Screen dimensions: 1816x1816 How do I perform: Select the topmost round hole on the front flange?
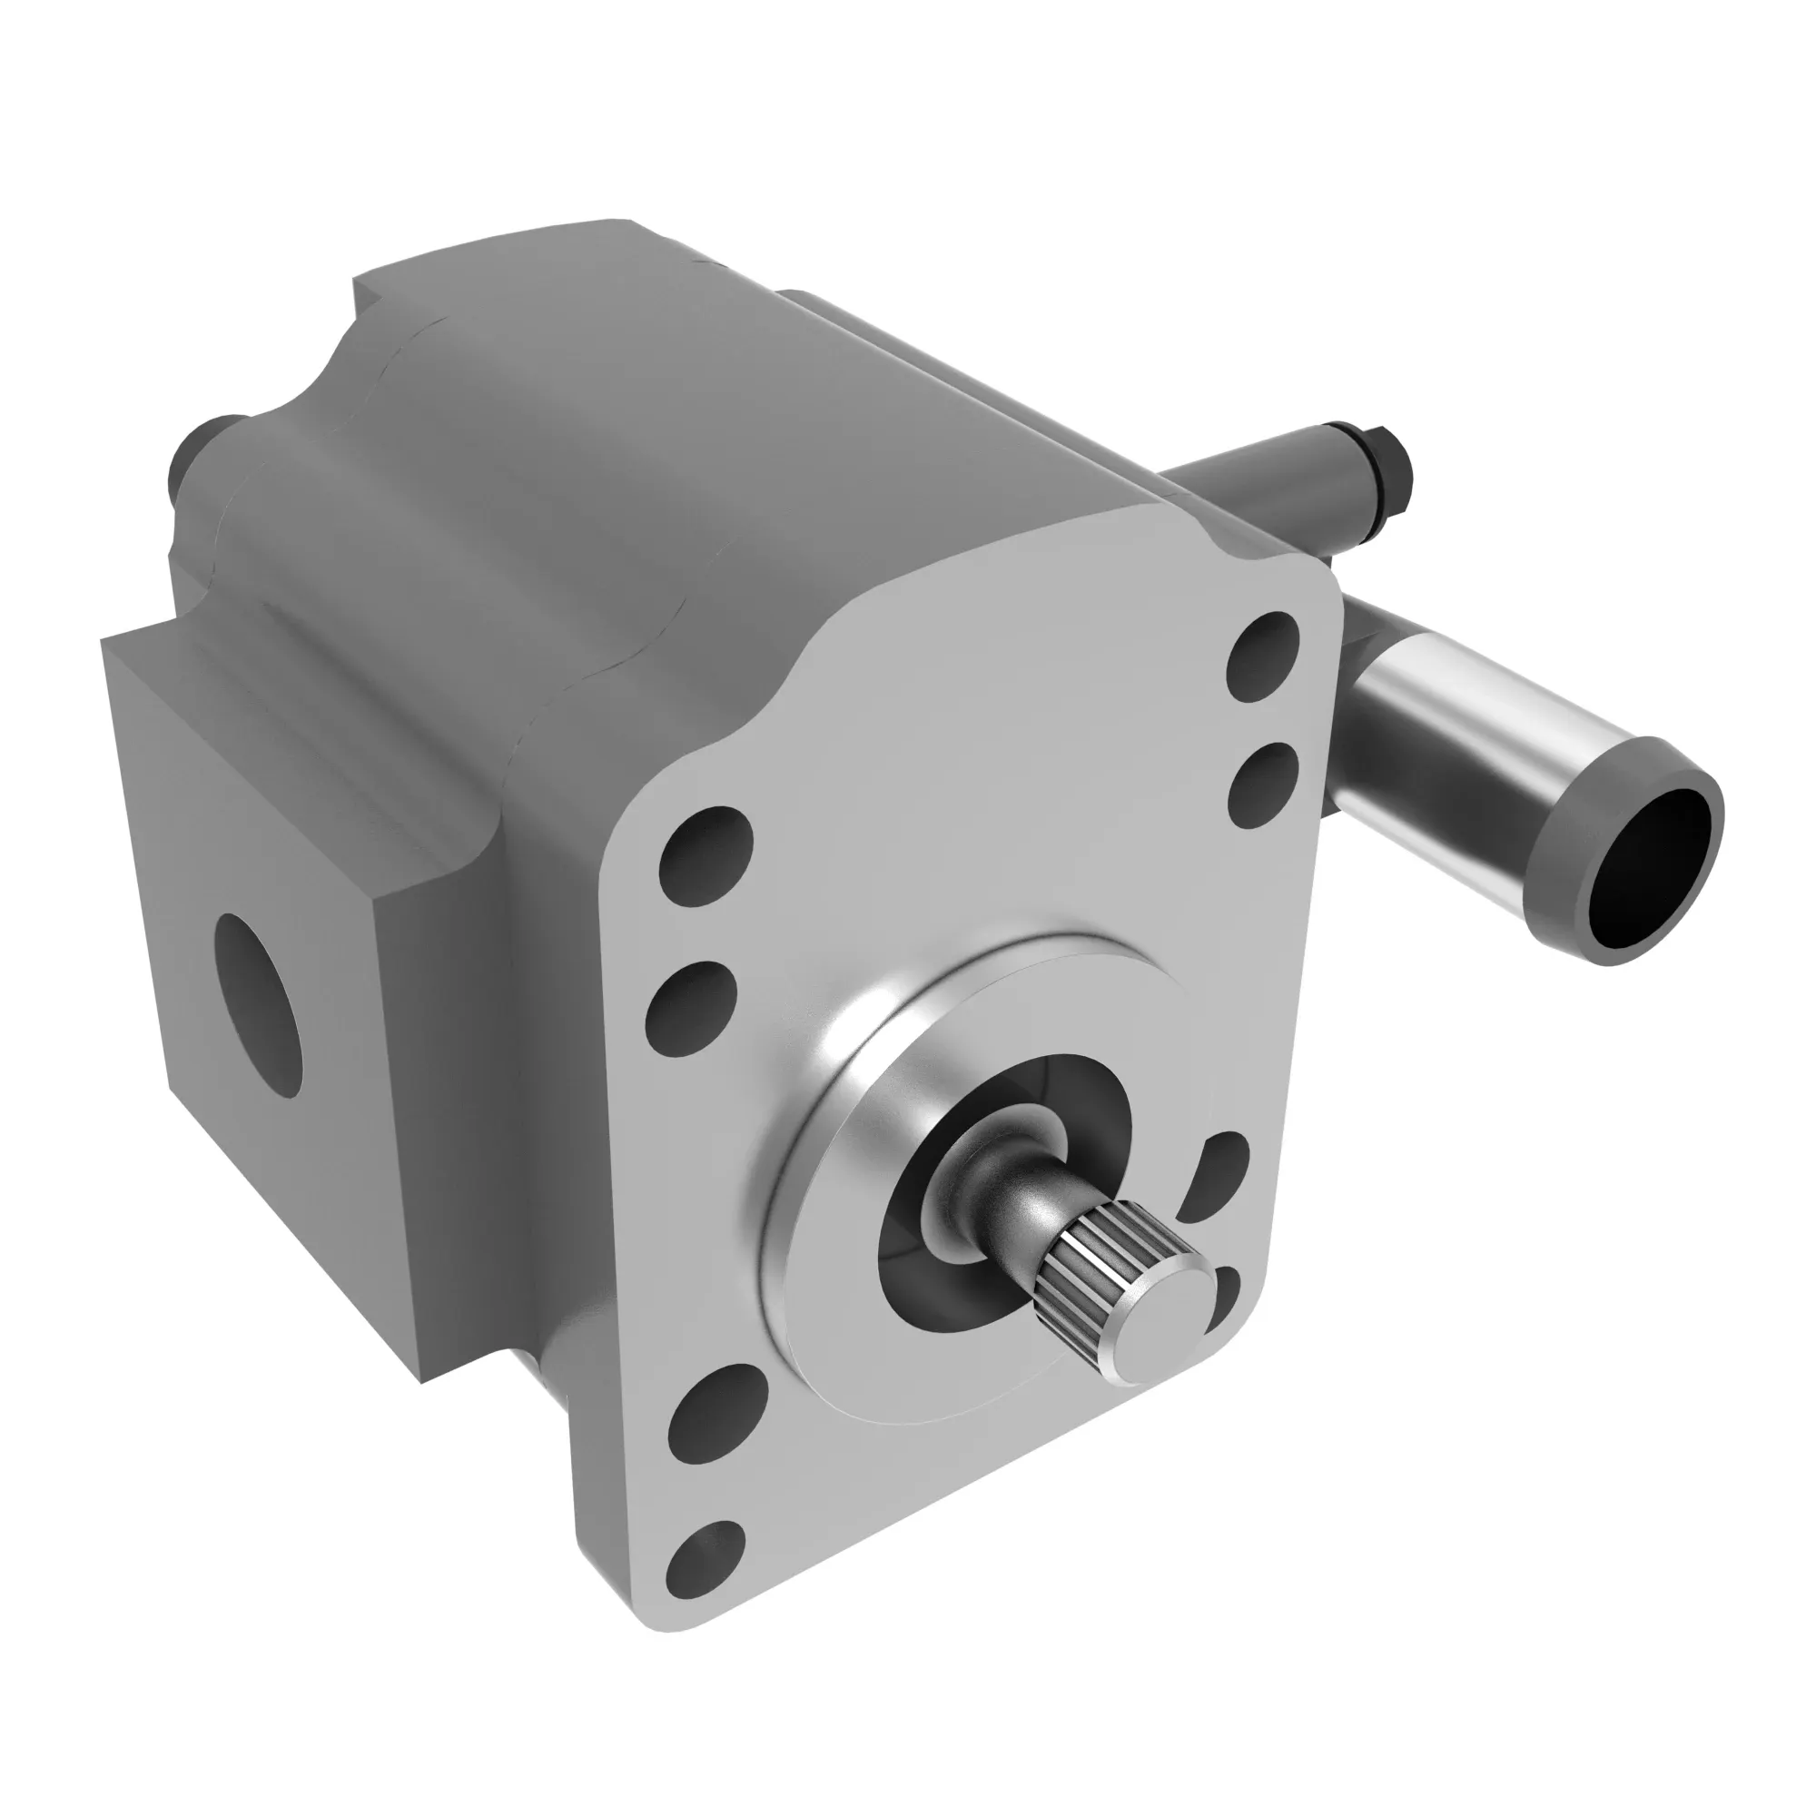pos(1263,653)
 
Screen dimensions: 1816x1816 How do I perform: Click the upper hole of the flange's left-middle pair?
pos(706,855)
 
